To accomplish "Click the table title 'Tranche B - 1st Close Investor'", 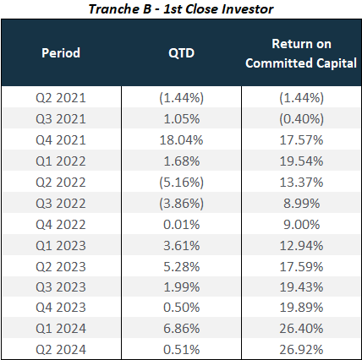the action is [181, 9].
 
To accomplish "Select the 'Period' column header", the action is [61, 52].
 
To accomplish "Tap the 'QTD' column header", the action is [181, 53].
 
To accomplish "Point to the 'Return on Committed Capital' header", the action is [301, 53].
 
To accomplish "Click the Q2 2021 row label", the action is [61, 98].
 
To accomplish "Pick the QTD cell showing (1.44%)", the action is [181, 98].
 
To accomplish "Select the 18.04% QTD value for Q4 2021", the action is [181, 140].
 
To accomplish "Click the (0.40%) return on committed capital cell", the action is [301, 119].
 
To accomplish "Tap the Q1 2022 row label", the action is [61, 161].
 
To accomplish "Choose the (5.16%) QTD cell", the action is [181, 183].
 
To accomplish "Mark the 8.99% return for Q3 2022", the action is [301, 204].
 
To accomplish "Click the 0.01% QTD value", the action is [181, 225].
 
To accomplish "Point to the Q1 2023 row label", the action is [61, 246].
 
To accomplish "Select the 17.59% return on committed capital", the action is [301, 267].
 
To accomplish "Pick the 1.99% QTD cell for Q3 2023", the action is [181, 287].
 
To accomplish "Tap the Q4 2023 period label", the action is [61, 308].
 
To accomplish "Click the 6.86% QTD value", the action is [181, 329].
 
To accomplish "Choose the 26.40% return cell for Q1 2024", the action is [301, 329].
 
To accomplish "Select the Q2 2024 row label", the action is [61, 350].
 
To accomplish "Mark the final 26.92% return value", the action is [301, 350].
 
